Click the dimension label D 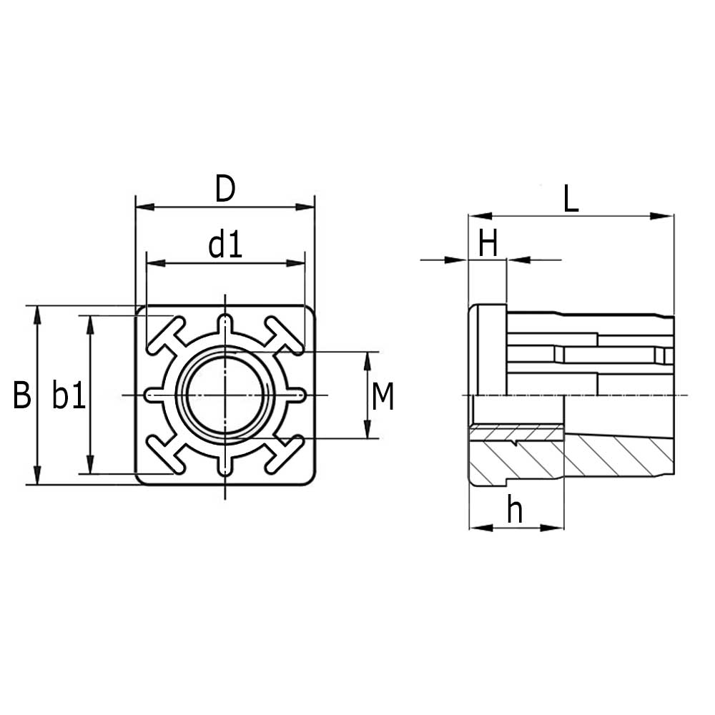point(225,189)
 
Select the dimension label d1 point(225,246)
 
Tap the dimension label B point(22,395)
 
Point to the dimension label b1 point(69,395)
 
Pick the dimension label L point(570,199)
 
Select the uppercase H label point(488,245)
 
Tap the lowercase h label point(514,510)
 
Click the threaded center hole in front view point(225,395)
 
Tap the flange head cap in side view point(486,350)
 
